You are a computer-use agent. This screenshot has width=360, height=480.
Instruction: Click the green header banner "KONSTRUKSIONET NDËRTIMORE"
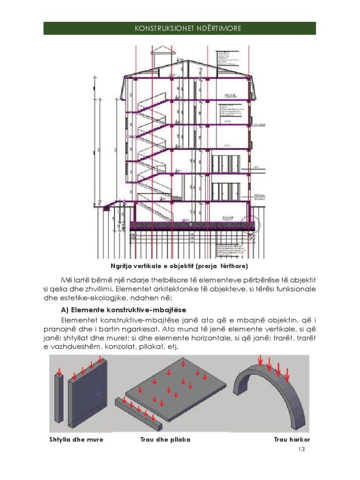[180, 28]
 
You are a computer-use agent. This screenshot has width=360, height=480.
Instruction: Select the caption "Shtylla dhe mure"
[76, 440]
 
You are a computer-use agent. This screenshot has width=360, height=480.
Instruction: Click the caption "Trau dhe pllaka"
[165, 440]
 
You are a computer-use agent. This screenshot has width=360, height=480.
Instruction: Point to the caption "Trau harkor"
[292, 440]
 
